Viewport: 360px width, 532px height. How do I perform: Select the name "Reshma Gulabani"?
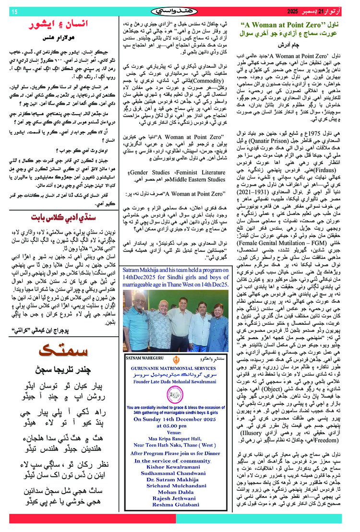pos(179,518)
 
